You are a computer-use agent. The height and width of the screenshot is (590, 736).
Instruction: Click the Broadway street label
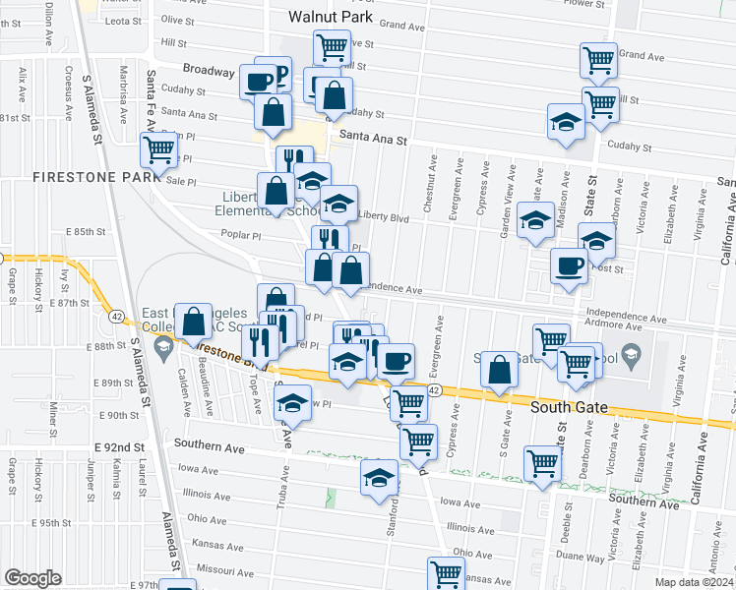pos(208,71)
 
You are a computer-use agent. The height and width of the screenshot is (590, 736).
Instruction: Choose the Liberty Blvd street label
pos(384,216)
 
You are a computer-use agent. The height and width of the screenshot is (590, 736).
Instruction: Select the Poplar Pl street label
pos(241,236)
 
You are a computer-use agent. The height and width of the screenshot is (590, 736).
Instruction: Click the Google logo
pos(33,577)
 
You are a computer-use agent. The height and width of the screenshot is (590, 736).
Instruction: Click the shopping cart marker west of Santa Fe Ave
pos(158,149)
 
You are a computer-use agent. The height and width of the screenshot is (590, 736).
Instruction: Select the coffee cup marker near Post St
pos(569,265)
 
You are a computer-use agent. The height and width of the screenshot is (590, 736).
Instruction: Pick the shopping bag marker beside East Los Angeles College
pos(194,320)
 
